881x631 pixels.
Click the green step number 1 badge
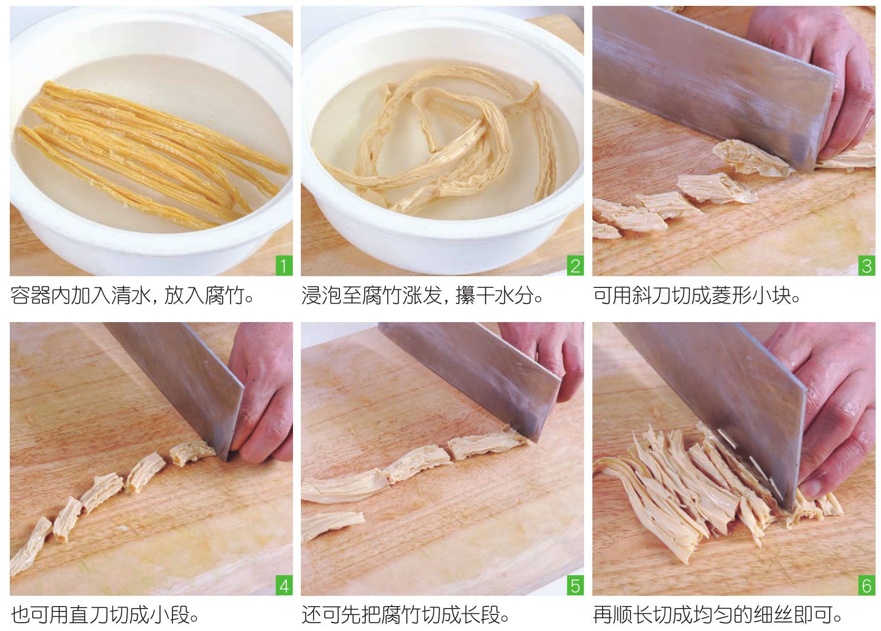coord(284,266)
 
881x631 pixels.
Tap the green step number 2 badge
coord(575,266)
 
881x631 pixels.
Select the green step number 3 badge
coord(867,266)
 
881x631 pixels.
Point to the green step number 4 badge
coord(284,586)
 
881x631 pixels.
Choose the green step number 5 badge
coord(575,586)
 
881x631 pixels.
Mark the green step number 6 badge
coord(867,586)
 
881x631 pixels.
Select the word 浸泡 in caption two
coord(321,296)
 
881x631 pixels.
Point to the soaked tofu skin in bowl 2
coord(440,142)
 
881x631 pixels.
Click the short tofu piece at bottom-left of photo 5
coord(332,525)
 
